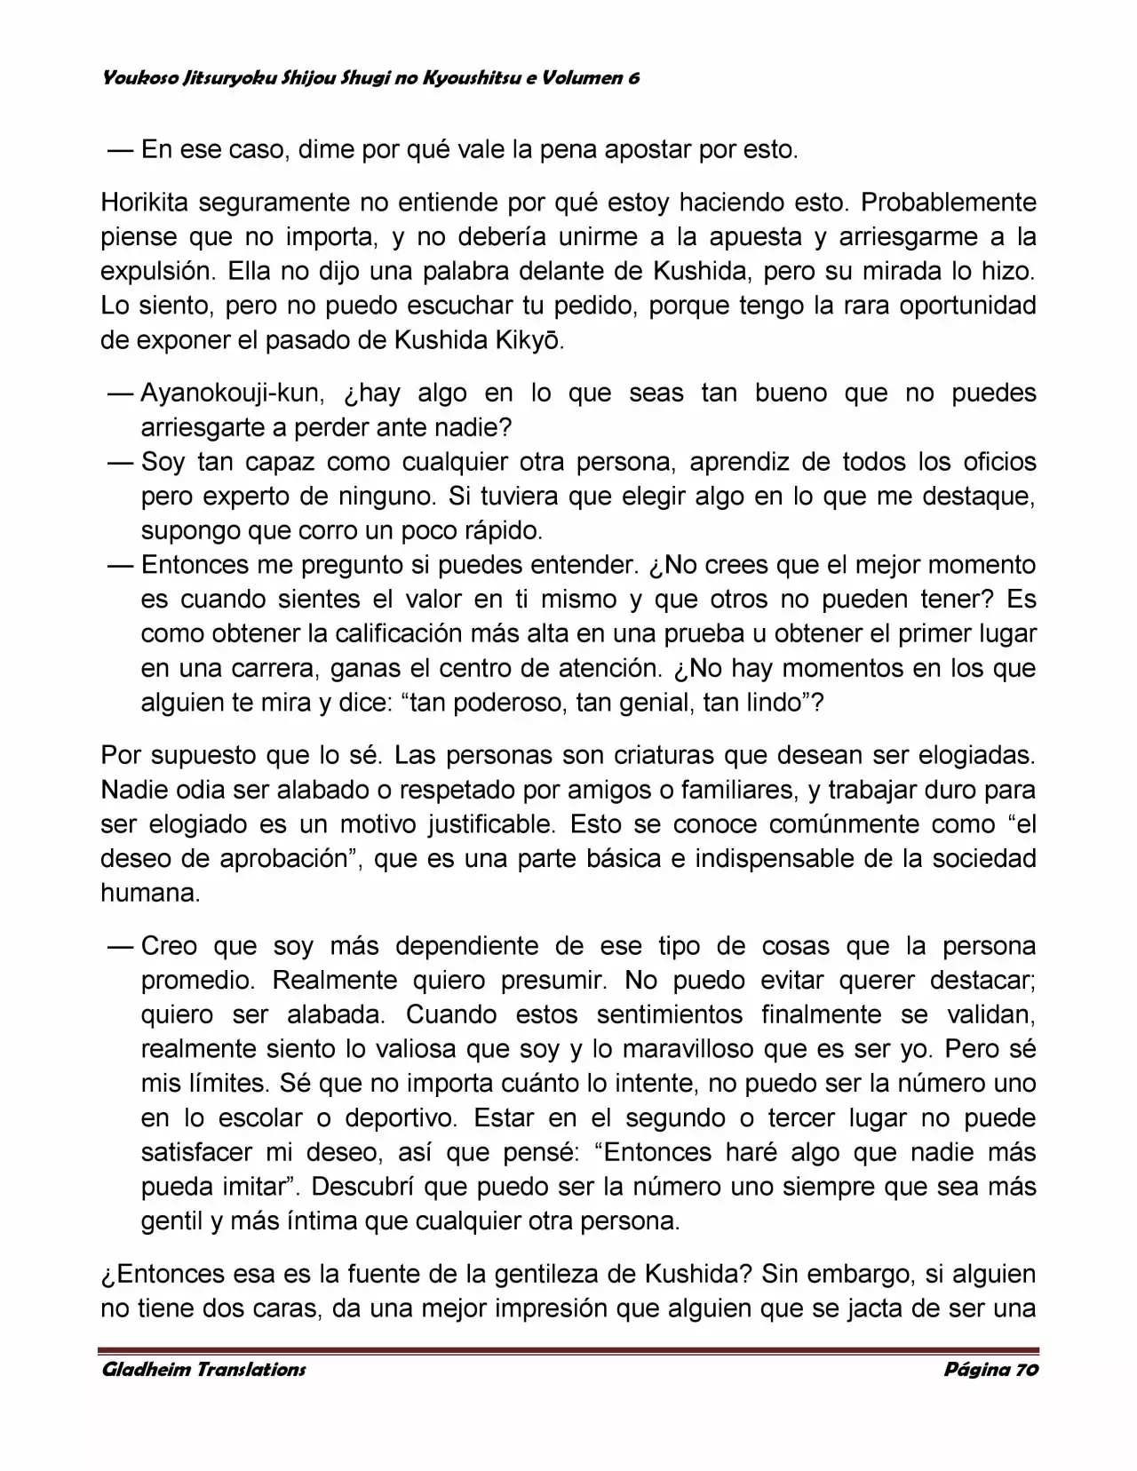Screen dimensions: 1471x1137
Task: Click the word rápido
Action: click(x=504, y=531)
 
